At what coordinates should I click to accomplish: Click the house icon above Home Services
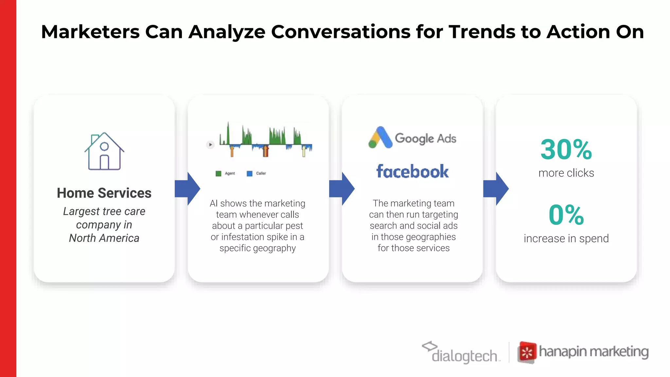click(x=104, y=152)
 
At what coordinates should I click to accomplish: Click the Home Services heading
click(x=104, y=193)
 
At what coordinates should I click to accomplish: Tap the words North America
click(x=104, y=238)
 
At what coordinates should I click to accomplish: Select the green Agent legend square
click(x=219, y=173)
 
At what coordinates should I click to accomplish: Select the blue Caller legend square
click(x=250, y=173)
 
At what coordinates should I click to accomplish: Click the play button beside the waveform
click(x=210, y=145)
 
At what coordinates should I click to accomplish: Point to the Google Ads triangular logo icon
click(x=380, y=138)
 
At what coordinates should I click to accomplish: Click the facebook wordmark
click(x=412, y=171)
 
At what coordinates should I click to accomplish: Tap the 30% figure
click(x=566, y=150)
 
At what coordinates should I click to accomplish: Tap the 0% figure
click(x=566, y=215)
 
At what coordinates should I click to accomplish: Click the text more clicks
click(x=566, y=173)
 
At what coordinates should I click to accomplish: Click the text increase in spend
click(x=566, y=239)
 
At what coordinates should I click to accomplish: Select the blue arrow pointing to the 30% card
click(x=496, y=189)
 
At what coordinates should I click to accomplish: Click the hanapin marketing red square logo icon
click(x=527, y=352)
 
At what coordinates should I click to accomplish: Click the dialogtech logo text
click(x=465, y=356)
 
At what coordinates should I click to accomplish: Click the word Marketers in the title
click(x=90, y=32)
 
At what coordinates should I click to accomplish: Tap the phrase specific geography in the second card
click(x=257, y=248)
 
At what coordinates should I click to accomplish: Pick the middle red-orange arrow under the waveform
click(x=265, y=151)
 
